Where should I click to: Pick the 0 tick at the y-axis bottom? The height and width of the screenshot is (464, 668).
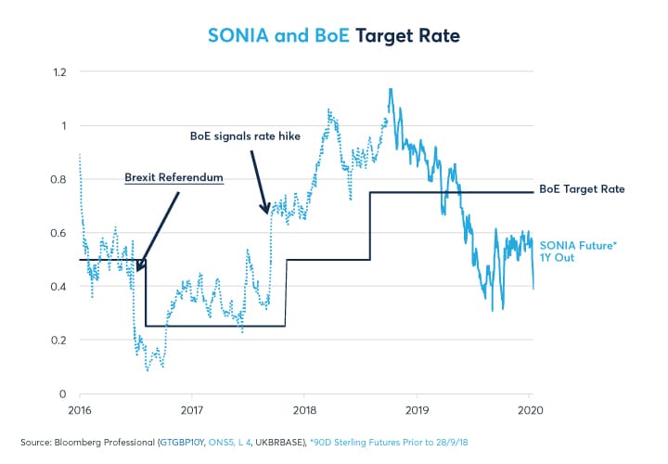62,394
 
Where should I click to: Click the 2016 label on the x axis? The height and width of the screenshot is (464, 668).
79,408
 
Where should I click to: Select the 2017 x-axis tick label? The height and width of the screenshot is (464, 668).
192,408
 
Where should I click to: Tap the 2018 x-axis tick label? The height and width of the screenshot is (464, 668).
304,408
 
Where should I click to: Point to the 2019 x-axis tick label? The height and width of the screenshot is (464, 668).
417,408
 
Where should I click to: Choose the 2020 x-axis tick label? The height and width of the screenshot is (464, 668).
530,408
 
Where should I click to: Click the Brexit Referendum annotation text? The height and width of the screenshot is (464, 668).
173,177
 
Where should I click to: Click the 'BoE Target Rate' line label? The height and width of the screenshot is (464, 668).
584,188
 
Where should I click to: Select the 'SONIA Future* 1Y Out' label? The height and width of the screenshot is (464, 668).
571,251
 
